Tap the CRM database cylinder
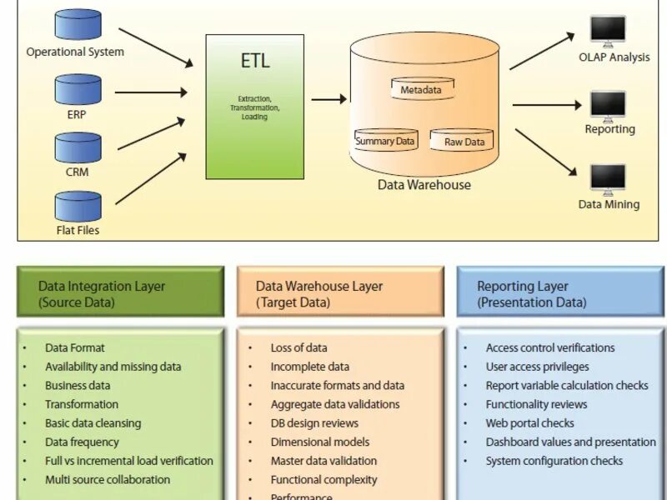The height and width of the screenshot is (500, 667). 78,147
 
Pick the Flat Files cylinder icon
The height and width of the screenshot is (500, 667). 78,206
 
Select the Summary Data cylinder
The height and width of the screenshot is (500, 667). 385,140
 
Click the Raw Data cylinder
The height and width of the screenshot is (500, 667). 464,140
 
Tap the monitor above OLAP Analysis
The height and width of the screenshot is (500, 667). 608,31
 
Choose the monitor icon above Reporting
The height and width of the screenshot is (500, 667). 608,105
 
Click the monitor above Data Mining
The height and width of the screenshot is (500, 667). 608,179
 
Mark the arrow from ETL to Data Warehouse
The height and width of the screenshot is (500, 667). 329,99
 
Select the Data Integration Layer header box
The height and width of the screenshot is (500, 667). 121,292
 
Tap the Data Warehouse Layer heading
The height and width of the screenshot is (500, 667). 340,292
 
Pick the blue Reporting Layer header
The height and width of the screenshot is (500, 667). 560,292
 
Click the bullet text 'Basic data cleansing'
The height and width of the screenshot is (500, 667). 93,423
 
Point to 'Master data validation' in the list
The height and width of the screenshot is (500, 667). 323,461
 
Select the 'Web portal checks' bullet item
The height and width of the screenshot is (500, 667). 530,423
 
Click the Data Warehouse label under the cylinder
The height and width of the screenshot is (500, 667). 424,185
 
